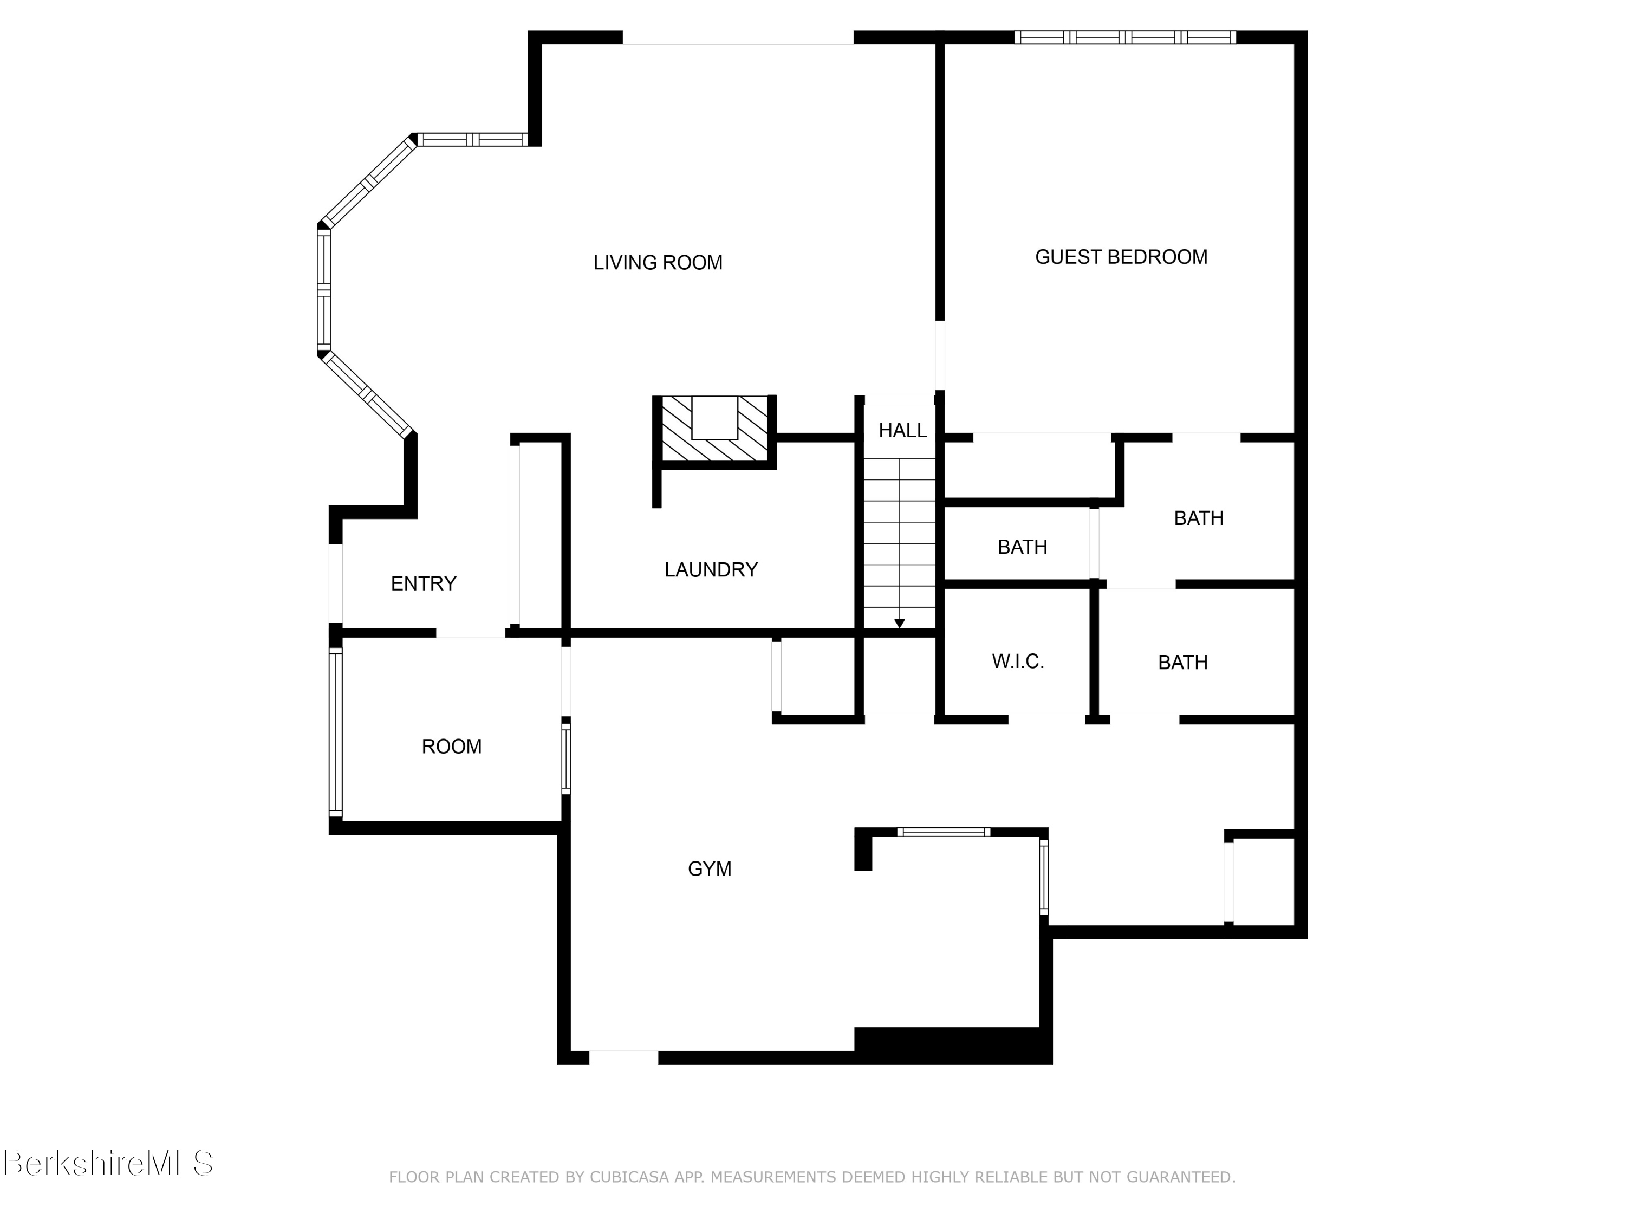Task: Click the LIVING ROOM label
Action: [x=658, y=262]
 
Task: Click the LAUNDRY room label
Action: [x=710, y=569]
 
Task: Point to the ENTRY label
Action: [x=423, y=583]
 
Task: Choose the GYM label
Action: [x=709, y=868]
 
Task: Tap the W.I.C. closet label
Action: [x=1017, y=662]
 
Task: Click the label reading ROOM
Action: [x=451, y=747]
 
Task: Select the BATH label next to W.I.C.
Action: [x=1182, y=662]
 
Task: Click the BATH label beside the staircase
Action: [x=1022, y=547]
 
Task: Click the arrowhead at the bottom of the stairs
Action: [x=899, y=624]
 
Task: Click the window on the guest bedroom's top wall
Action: [x=1124, y=37]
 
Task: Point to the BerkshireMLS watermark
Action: [x=108, y=1163]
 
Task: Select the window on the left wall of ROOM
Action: [x=335, y=732]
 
